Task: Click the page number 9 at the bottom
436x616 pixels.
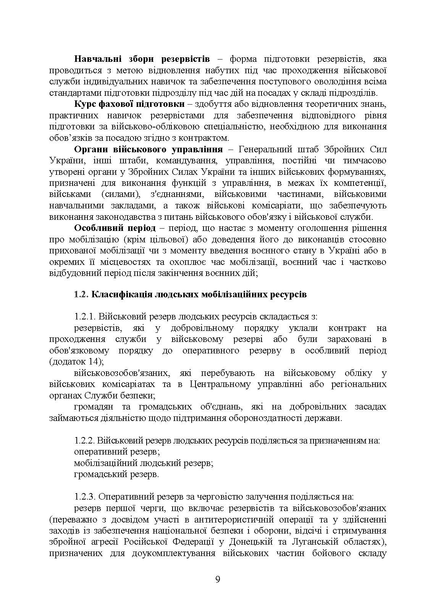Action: pyautogui.click(x=218, y=580)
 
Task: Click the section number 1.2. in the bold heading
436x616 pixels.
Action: pyautogui.click(x=81, y=295)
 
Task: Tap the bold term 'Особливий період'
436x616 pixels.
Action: pyautogui.click(x=115, y=228)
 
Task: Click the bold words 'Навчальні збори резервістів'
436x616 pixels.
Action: pyautogui.click(x=142, y=59)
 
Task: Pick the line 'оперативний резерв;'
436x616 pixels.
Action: pyautogui.click(x=116, y=452)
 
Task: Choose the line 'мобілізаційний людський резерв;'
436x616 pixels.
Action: pyautogui.click(x=143, y=463)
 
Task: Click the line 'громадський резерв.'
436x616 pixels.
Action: pyautogui.click(x=116, y=474)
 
